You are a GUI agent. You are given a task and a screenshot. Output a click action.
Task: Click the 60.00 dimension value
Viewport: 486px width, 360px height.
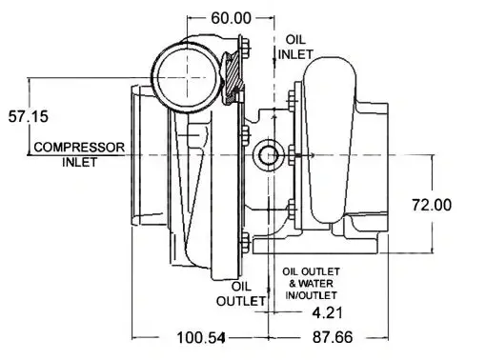[231, 18]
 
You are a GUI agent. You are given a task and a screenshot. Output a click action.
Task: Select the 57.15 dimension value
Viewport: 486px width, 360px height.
[29, 116]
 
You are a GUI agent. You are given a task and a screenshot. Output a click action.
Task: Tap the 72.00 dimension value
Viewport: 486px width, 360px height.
[432, 205]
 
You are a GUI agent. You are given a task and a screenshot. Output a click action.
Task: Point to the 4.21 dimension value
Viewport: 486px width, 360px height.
[328, 313]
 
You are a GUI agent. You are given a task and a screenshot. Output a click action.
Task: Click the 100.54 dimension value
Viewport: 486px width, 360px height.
[201, 337]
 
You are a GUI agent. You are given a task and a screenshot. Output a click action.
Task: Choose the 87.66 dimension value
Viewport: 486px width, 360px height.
[333, 337]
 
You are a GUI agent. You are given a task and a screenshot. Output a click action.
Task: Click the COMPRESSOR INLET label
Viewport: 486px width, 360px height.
[79, 154]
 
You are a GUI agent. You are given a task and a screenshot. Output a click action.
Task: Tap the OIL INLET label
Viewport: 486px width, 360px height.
[295, 47]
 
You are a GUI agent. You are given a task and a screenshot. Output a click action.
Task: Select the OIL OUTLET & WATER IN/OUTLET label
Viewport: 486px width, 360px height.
[311, 284]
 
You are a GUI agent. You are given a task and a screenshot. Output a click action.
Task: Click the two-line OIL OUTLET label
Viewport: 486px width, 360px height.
[241, 293]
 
